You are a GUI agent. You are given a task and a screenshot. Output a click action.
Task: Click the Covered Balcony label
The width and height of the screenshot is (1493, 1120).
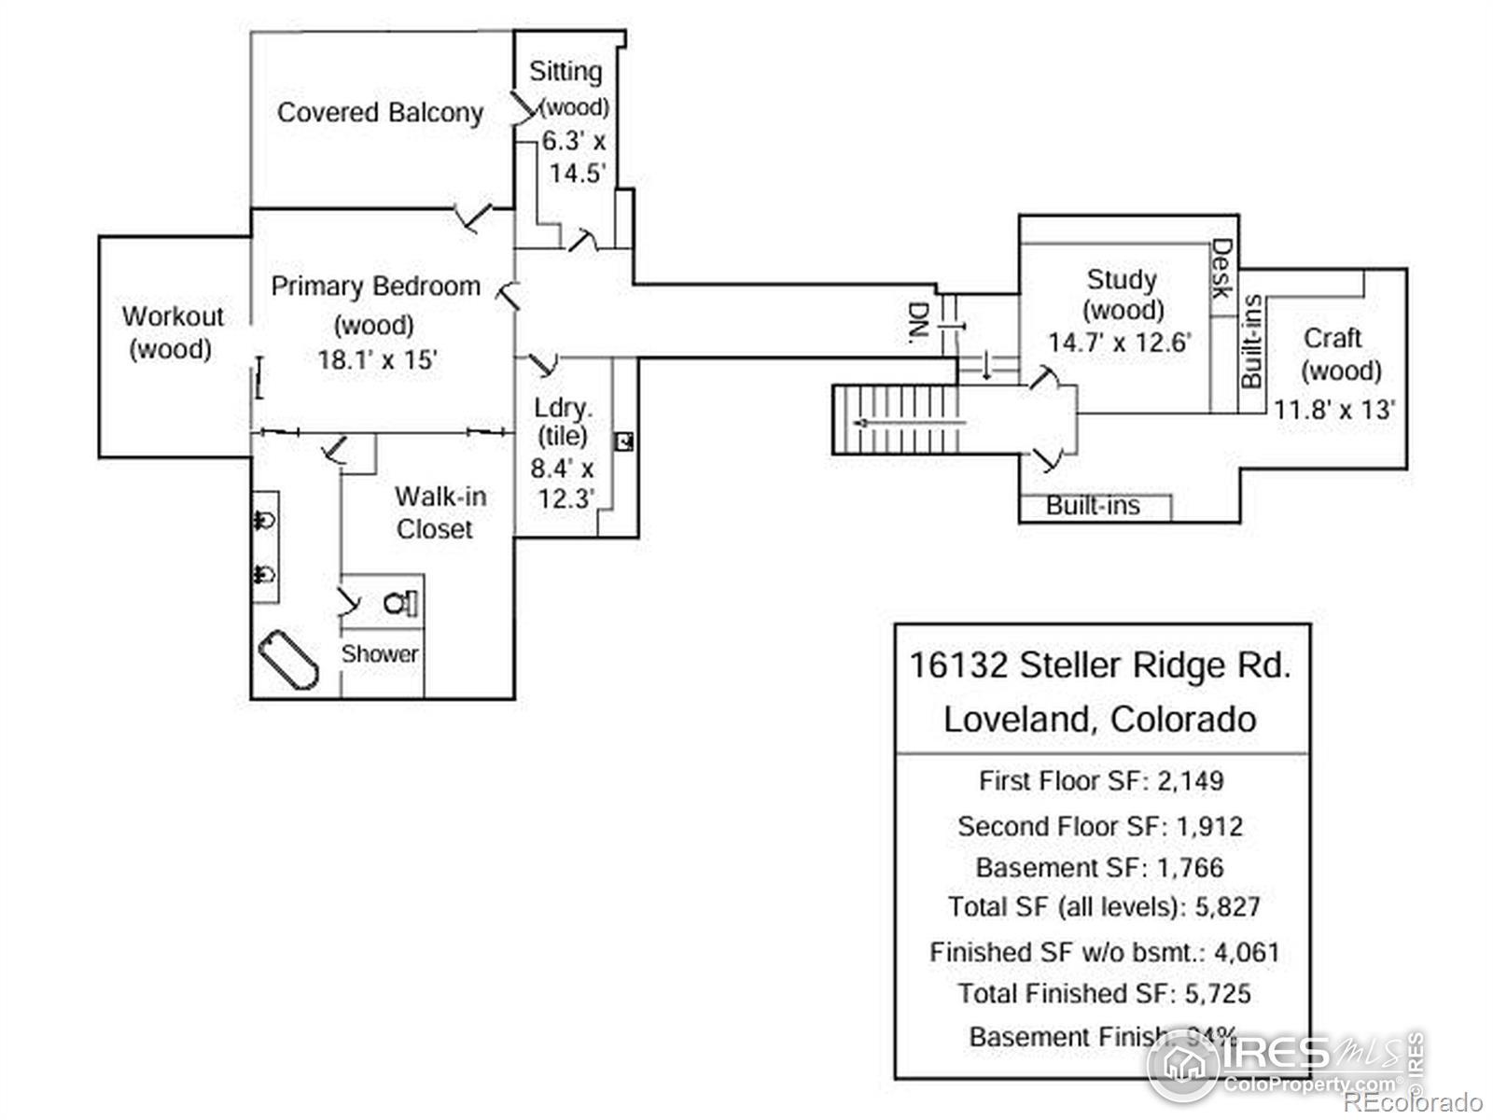tap(380, 113)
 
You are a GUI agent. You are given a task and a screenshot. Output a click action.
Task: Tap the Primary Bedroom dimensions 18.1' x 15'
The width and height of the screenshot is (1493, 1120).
tap(377, 359)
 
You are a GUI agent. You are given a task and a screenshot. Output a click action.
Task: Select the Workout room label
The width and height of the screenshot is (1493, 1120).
tap(173, 332)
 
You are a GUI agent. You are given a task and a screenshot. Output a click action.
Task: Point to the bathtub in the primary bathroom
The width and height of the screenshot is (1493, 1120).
tap(288, 659)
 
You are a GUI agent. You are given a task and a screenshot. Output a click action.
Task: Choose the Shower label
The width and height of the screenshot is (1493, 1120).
tap(379, 653)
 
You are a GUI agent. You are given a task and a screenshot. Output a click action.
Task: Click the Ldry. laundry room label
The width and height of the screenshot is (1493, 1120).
tap(563, 409)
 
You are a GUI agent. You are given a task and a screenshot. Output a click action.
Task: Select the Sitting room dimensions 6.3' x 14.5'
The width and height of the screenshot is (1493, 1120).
tap(575, 157)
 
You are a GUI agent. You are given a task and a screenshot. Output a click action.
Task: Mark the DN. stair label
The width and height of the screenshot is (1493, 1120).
tap(919, 322)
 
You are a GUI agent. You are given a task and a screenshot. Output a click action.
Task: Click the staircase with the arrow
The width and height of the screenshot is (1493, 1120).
tap(896, 421)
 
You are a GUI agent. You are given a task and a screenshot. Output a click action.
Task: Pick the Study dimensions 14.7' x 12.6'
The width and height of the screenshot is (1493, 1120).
tap(1119, 343)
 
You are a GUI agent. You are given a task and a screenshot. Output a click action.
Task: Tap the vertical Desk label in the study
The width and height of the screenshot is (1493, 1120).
tap(1221, 269)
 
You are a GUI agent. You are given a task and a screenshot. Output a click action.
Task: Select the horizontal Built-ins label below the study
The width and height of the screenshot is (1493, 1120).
tap(1093, 506)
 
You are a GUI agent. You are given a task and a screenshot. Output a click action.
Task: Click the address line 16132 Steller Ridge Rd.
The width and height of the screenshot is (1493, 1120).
tap(1100, 665)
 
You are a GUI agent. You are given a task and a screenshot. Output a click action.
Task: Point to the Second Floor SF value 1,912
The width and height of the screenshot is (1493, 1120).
tap(1209, 826)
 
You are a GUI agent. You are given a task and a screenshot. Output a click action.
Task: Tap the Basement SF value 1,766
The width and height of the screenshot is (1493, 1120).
tap(1190, 867)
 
